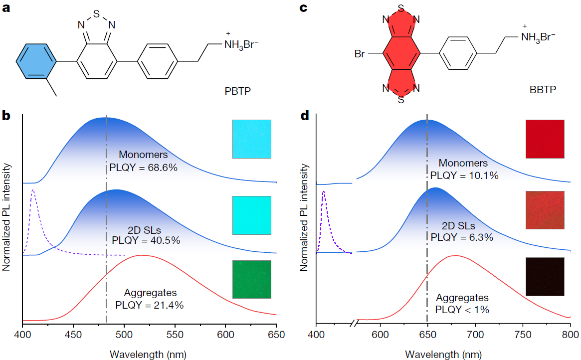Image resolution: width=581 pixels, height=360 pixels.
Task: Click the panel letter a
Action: click(x=6, y=9)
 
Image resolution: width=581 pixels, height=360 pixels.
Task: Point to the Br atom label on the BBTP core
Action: click(x=360, y=53)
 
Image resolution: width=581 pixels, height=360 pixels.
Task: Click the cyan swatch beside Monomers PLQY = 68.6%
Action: click(x=252, y=139)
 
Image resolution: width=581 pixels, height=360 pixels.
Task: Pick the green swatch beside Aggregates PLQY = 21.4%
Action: click(x=252, y=279)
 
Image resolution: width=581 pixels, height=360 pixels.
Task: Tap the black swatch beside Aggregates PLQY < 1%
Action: click(x=545, y=276)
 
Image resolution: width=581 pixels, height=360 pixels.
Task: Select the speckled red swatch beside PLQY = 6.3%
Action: click(x=545, y=209)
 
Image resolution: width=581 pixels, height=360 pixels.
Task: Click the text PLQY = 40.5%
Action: click(x=146, y=240)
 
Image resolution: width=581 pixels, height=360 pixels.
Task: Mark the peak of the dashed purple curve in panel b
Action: click(x=33, y=190)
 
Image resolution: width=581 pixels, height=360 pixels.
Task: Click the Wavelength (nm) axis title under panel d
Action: click(x=443, y=354)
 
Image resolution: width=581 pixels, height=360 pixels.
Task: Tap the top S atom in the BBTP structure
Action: click(x=401, y=8)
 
